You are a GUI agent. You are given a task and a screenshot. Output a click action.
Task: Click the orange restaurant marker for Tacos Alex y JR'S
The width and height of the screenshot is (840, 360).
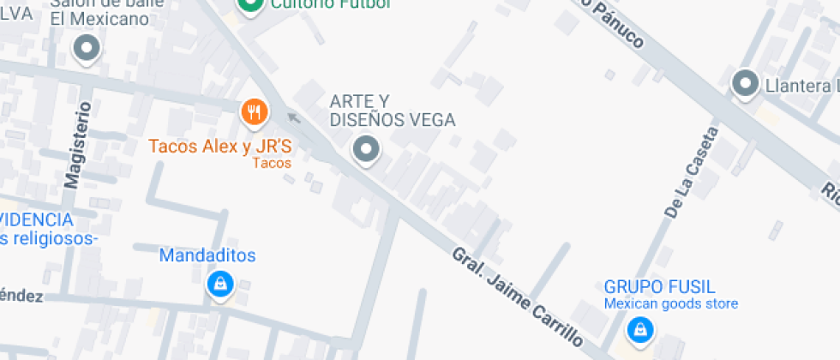pos(254,111)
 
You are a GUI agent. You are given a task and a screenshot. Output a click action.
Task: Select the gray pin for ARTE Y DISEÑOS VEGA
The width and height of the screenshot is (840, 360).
pos(367,150)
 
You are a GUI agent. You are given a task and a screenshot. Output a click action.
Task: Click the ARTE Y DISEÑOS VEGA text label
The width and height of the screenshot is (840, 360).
pos(392,111)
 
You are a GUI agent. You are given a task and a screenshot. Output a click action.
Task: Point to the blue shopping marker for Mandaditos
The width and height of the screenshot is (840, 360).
pos(220,284)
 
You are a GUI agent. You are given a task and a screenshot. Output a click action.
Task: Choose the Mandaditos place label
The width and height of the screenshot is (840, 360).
pos(207,255)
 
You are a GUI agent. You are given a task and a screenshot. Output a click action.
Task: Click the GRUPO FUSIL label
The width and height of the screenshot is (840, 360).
pos(659,287)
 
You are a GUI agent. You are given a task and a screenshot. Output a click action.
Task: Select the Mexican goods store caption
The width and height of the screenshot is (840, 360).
pos(670,303)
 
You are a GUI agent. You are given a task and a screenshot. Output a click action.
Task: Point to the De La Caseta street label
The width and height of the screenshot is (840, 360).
pos(690,172)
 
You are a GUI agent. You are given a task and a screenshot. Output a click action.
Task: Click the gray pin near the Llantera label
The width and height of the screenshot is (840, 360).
pos(745,84)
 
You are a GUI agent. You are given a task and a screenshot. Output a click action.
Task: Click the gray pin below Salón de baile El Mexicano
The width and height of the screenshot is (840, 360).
pos(87,49)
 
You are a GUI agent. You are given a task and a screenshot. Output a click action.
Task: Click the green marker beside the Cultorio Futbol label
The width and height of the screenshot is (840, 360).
pos(250,6)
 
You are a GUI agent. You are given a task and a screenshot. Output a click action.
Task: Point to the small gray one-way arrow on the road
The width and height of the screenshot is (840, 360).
pos(294,117)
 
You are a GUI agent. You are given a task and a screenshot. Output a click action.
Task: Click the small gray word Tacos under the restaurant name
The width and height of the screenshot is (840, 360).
pos(273,163)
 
